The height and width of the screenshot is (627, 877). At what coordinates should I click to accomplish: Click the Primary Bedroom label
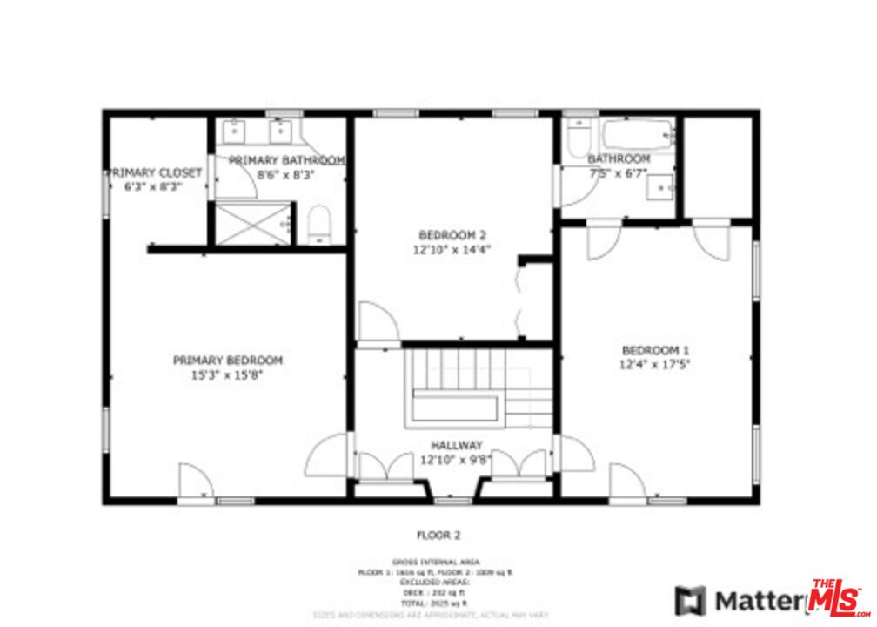227,361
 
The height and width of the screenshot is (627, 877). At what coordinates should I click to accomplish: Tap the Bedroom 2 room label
452,235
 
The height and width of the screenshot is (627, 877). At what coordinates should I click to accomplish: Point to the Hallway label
456,445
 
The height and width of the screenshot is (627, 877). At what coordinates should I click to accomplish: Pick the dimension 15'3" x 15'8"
227,375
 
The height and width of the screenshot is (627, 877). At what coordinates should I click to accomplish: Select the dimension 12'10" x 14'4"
452,249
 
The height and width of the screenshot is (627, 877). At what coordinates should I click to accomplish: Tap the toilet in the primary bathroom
320,225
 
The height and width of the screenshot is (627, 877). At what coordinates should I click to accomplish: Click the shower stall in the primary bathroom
251,223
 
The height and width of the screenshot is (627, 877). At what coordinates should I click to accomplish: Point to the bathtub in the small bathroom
638,135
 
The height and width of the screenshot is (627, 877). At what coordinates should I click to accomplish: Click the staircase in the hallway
470,387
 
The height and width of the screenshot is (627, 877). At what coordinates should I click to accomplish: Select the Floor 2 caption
438,535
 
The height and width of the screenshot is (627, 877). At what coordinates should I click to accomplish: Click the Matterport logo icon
692,601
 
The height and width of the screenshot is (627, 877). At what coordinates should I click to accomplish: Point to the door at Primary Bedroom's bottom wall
196,483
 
